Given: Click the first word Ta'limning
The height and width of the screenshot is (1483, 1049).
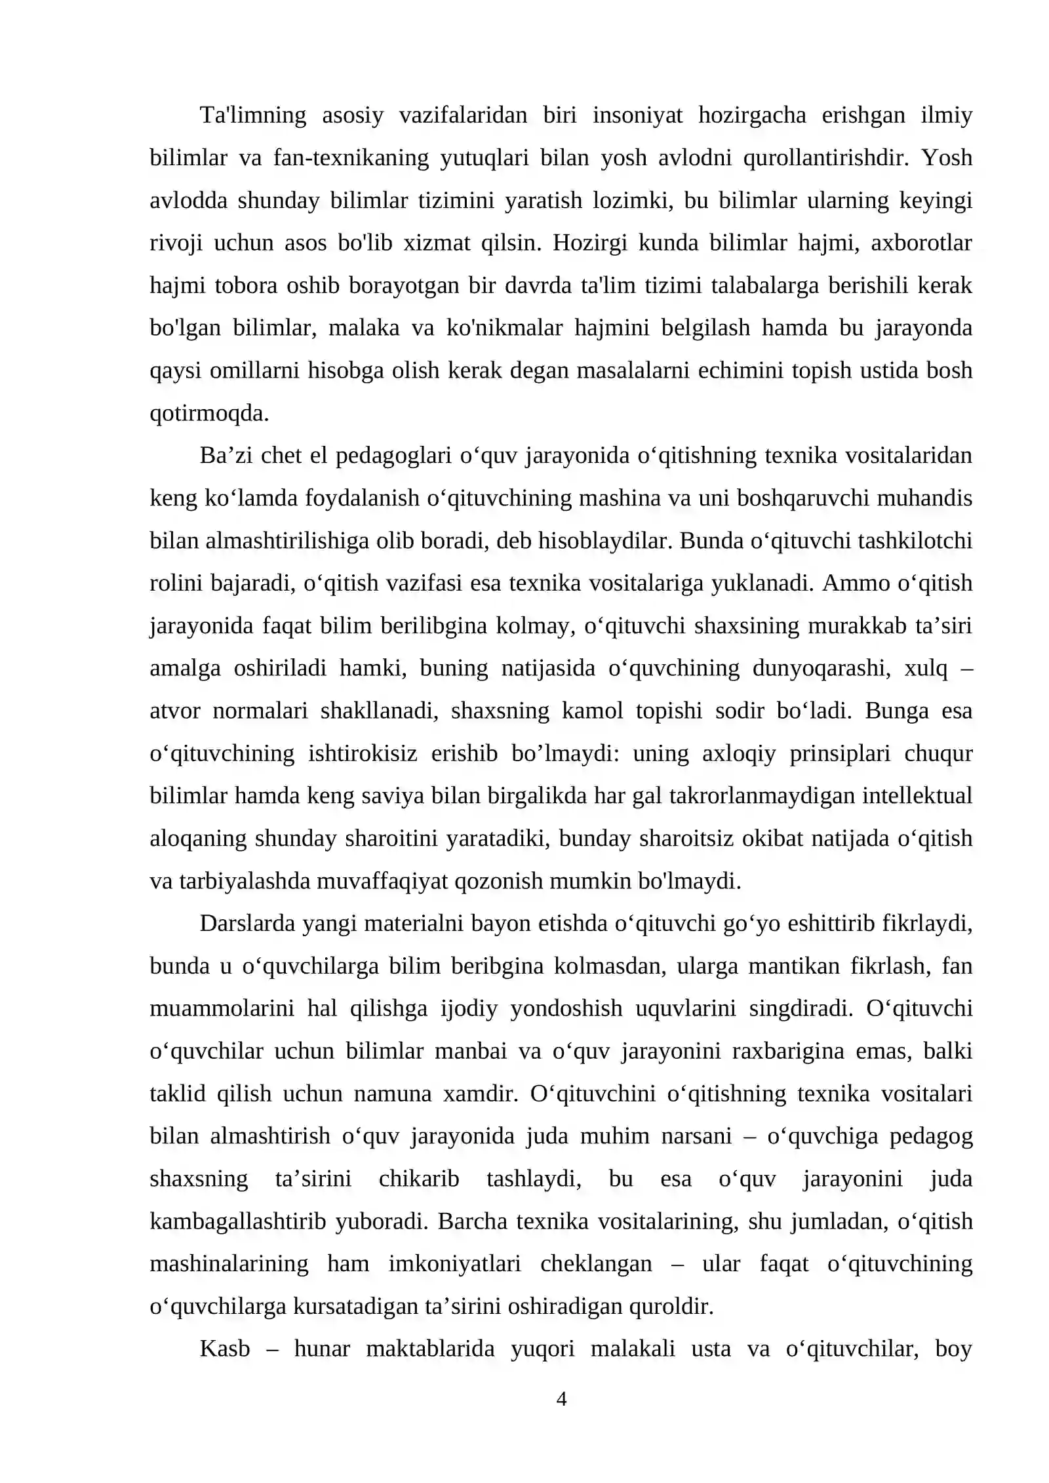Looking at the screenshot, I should pyautogui.click(x=252, y=115).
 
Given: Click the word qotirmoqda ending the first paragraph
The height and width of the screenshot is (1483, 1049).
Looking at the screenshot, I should pyautogui.click(x=209, y=414).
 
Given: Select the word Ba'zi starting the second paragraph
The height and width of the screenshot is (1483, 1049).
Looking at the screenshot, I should pyautogui.click(x=225, y=456).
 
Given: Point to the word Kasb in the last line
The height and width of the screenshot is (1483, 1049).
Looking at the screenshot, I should pyautogui.click(x=224, y=1349).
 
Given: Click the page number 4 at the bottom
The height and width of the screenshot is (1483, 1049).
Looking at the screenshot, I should pyautogui.click(x=561, y=1399).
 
